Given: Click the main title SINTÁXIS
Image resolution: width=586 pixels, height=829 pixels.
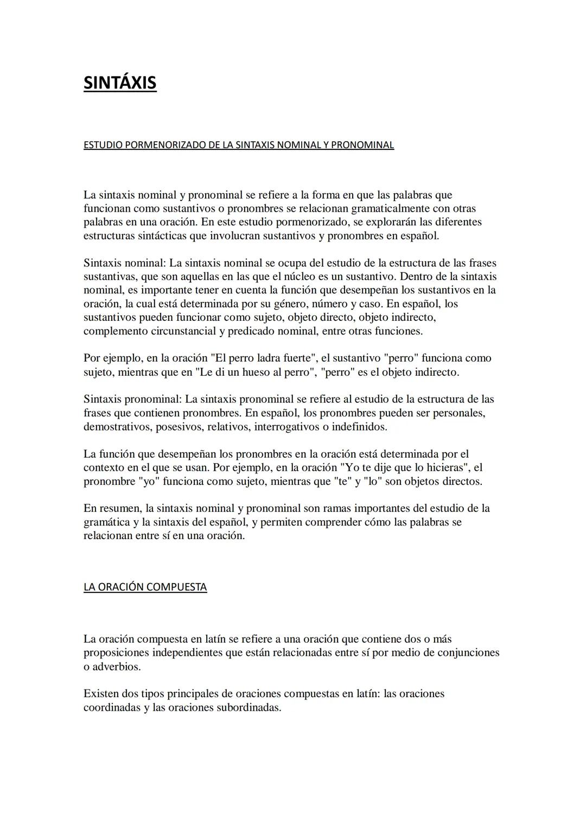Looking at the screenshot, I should click(120, 83).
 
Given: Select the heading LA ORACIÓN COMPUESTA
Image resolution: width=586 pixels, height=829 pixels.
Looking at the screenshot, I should click(145, 587).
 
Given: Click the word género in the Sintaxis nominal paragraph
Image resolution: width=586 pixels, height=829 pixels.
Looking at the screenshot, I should click(277, 304).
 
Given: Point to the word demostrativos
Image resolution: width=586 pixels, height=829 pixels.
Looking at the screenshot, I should click(117, 427).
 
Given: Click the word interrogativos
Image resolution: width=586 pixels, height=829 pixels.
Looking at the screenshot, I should click(286, 427).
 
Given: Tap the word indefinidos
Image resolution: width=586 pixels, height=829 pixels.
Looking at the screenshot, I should click(359, 427).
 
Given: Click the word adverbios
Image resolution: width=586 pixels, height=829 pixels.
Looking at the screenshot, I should click(117, 667).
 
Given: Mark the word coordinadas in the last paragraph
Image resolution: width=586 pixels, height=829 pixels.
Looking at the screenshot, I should click(111, 708).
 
